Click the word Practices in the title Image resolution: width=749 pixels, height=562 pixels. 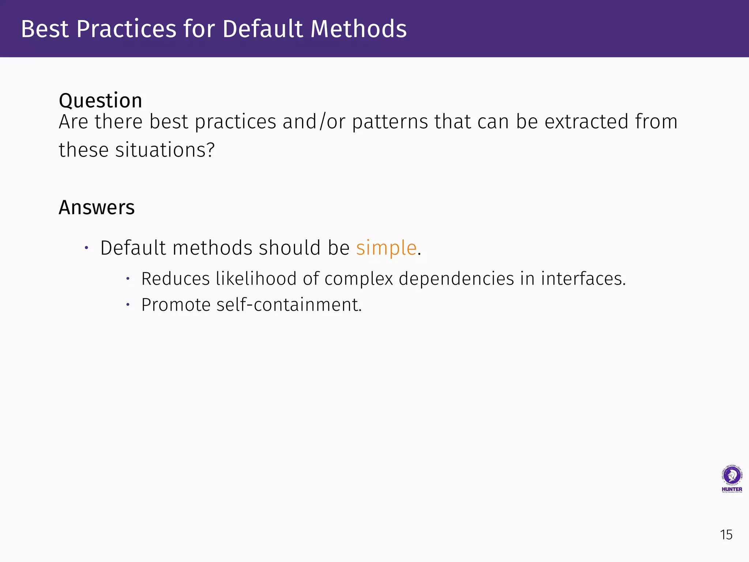tap(126, 29)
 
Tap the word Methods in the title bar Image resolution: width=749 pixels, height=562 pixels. tap(358, 29)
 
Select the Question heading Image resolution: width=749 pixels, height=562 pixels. tap(100, 101)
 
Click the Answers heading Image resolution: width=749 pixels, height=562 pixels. tap(97, 207)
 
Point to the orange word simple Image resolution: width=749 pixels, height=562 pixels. tap(386, 248)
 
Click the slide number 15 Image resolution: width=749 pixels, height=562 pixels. tap(726, 535)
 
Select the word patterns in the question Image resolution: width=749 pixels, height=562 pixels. tap(390, 122)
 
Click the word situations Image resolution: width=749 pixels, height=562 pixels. tap(165, 150)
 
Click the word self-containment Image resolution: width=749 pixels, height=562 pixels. tap(289, 305)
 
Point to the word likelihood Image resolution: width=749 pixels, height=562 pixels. tap(256, 279)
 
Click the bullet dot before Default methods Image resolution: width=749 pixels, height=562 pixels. tap(86, 248)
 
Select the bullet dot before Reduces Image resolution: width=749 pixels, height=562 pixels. tap(128, 279)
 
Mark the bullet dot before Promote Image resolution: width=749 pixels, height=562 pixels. tap(128, 305)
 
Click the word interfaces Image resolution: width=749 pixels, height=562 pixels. tap(583, 279)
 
